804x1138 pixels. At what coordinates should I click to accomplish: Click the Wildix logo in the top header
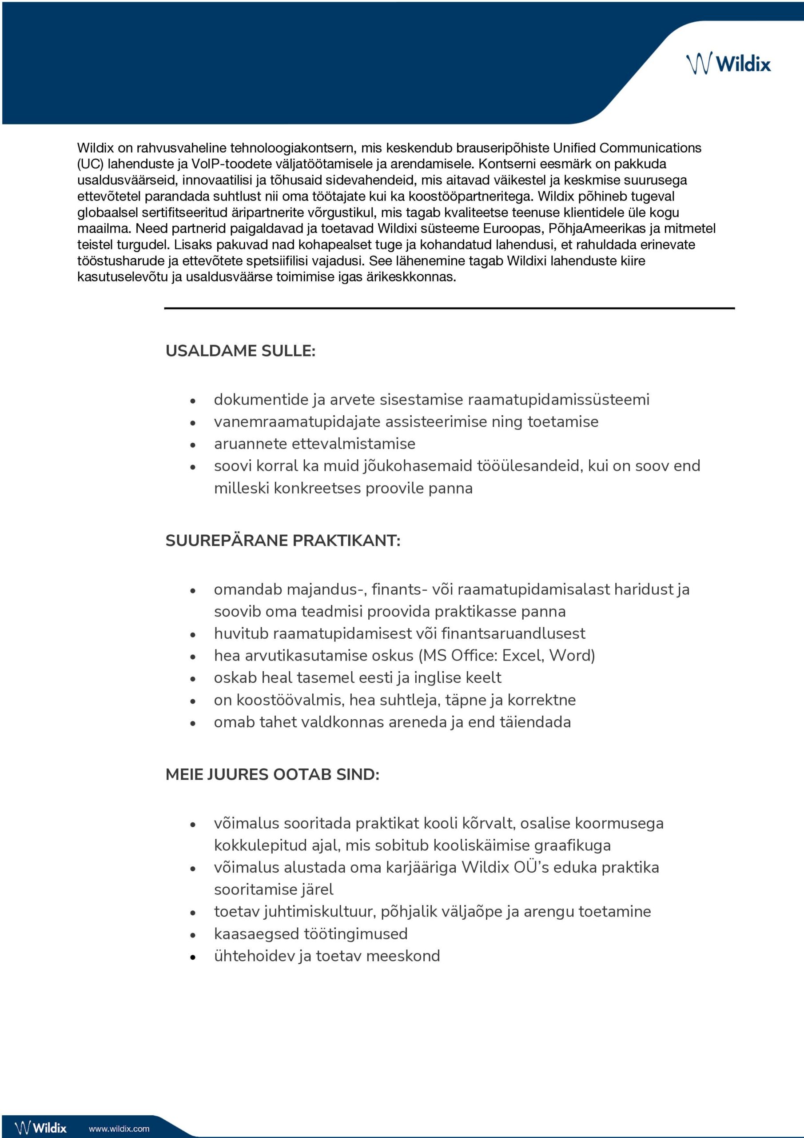point(728,64)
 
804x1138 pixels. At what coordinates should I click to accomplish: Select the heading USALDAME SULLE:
point(240,350)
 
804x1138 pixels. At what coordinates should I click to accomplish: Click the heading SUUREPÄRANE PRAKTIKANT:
point(283,540)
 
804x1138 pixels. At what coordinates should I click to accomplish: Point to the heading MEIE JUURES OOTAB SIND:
point(272,774)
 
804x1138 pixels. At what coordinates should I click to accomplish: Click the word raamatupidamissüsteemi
point(558,400)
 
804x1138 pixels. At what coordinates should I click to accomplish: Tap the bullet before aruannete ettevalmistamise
point(193,445)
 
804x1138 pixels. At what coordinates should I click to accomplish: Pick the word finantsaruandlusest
point(513,633)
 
